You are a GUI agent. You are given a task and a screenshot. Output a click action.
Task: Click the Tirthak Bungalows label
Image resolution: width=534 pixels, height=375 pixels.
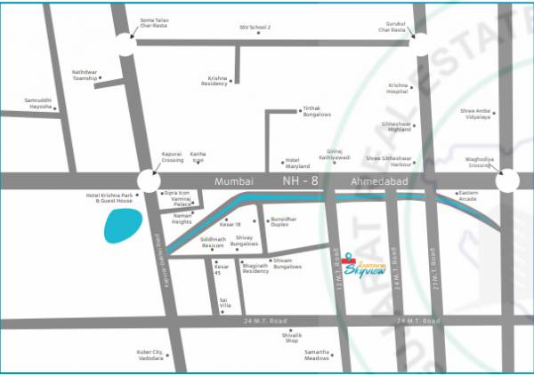(318, 112)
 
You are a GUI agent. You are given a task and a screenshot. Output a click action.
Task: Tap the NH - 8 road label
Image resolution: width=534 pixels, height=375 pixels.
(302, 181)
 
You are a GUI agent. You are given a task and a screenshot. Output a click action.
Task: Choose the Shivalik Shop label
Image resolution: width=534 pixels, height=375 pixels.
(294, 336)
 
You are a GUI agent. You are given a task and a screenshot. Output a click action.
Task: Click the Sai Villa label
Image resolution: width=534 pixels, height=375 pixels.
(230, 302)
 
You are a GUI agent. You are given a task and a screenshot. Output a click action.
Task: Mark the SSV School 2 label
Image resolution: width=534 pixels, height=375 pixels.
(255, 28)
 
